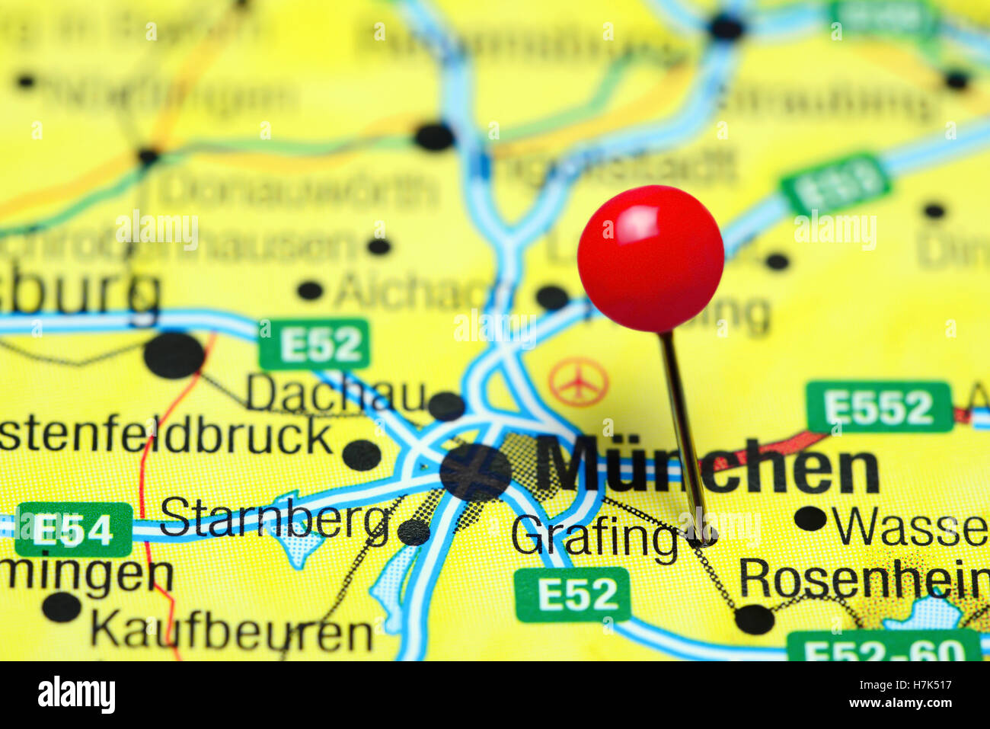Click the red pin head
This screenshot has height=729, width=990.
[x=650, y=258]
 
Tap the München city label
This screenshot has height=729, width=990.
[x=708, y=466]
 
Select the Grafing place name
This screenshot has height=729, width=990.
[x=594, y=538]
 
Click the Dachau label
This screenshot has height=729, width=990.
[x=335, y=394]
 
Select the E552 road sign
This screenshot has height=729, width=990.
[x=879, y=408]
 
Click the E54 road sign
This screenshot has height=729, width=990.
[x=74, y=529]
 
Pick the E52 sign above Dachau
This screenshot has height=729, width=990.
[x=315, y=344]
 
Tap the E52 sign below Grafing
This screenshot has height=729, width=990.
[x=573, y=594]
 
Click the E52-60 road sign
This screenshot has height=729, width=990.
[x=883, y=647]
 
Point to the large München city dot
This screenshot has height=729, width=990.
[x=476, y=472]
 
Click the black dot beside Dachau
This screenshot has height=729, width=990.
[x=445, y=406]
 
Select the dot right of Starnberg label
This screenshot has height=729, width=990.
[x=414, y=532]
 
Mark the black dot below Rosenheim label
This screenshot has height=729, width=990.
[x=754, y=619]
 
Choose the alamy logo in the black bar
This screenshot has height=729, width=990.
[x=76, y=695]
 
